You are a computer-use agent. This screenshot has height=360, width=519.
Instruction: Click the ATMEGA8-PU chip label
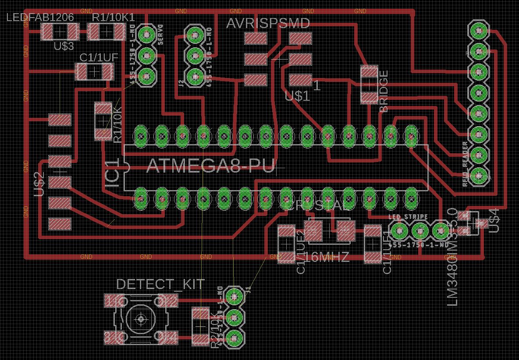pos(210,166)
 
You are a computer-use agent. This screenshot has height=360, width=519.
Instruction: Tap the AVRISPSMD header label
pos(268,23)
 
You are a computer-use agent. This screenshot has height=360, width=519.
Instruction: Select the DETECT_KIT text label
pos(160,284)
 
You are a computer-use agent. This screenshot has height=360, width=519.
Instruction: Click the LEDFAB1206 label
pos(40,18)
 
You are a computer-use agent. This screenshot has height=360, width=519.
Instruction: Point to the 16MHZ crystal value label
pos(327,257)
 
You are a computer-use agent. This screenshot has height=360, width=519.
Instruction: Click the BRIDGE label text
pos(384,91)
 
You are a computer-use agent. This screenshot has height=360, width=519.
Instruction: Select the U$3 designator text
pos(64,46)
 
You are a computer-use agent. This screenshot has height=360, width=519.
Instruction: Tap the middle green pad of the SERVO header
pos(146,55)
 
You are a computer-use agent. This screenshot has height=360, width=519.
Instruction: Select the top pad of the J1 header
pos(234,296)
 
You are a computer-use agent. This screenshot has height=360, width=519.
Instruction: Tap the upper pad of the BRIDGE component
pos(370,73)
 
